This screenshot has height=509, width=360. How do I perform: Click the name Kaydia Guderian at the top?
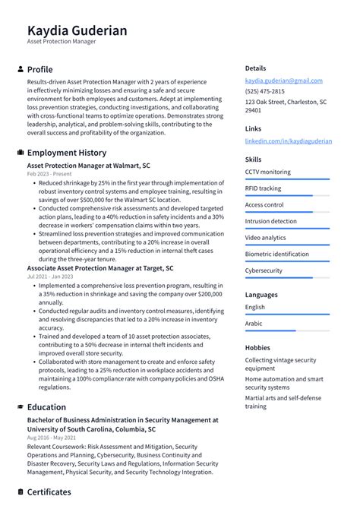(x=77, y=30)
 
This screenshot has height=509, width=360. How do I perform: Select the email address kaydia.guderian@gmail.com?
(x=283, y=81)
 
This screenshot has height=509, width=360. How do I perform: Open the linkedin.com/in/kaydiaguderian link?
(x=288, y=141)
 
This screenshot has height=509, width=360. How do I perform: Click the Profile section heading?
(x=39, y=69)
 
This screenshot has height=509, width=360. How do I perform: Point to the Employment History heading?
(x=66, y=153)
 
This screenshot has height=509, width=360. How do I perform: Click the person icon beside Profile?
(x=21, y=69)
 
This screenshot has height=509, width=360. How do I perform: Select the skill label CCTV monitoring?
(x=267, y=172)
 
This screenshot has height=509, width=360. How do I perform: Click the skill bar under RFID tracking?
(x=287, y=195)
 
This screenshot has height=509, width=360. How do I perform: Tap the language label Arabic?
(x=254, y=324)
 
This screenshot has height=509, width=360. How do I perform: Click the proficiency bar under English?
(x=287, y=315)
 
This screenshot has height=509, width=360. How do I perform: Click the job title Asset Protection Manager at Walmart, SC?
(x=88, y=165)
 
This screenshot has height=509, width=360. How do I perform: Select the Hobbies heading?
(x=257, y=347)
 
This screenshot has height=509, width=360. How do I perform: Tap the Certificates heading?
(x=49, y=492)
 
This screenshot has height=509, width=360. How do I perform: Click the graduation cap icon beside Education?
(x=21, y=407)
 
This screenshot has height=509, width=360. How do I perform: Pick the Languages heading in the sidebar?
(x=261, y=295)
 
